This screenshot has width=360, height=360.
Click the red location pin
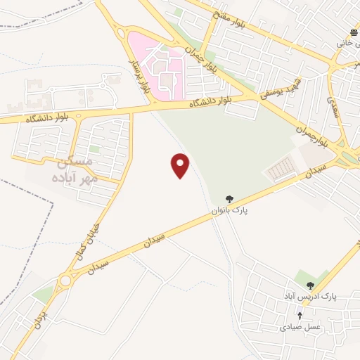pyautogui.click(x=181, y=165)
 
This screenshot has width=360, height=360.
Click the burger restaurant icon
pyautogui.click(x=349, y=33)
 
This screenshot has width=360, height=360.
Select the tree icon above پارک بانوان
pyautogui.click(x=229, y=200)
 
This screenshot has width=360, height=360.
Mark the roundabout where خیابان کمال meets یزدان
pyautogui.click(x=65, y=281)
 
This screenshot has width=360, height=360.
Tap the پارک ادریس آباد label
pyautogui.click(x=310, y=297)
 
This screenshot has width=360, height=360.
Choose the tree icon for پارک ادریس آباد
pyautogui.click(x=309, y=285)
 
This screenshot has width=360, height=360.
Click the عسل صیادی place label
pyautogui.click(x=300, y=326)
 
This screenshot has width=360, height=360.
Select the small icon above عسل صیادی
pyautogui.click(x=300, y=316)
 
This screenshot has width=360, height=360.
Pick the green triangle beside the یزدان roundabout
pyautogui.click(x=44, y=293)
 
